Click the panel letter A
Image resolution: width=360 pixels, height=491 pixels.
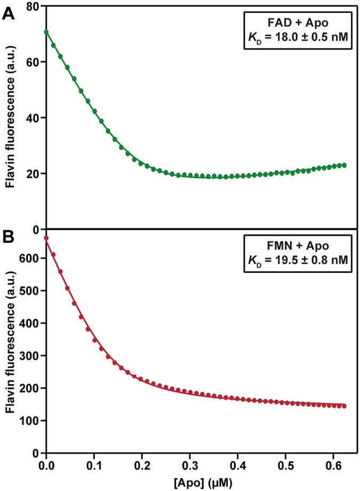(9, 13)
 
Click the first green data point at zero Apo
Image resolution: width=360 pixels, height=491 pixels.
(46, 32)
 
